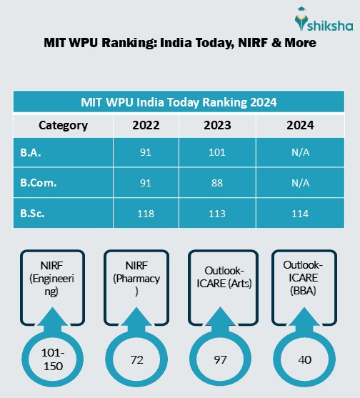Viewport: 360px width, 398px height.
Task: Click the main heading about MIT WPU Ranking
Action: [x=180, y=43]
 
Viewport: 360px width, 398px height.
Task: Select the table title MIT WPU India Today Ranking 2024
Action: [x=179, y=102]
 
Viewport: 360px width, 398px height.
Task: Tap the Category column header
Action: [x=63, y=125]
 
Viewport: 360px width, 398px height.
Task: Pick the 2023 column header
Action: [x=219, y=125]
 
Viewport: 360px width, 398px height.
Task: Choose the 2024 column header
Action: [x=300, y=125]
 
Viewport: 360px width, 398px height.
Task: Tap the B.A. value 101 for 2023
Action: [x=219, y=152]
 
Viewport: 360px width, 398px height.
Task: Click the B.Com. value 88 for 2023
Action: [x=219, y=182]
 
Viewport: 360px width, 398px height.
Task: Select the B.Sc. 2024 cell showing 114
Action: [x=300, y=212]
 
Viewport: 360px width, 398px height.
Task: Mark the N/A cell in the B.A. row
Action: [x=300, y=152]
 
